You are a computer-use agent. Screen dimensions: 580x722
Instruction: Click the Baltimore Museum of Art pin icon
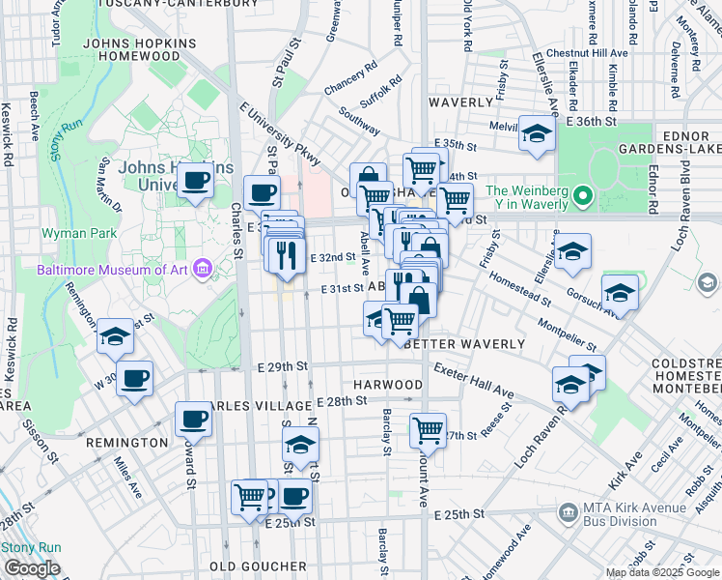(202, 268)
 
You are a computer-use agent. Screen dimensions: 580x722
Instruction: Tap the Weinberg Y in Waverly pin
(581, 197)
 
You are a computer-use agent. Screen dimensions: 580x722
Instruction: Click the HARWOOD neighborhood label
(387, 385)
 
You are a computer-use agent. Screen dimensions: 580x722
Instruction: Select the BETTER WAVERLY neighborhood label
(464, 344)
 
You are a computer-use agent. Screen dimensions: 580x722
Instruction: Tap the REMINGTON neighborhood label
(127, 442)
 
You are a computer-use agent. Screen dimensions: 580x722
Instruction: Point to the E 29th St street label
(282, 367)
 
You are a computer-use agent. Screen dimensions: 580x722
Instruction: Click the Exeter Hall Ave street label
(474, 381)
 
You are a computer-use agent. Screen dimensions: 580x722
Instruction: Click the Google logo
(32, 568)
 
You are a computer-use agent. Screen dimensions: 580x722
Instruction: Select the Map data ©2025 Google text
(662, 572)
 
